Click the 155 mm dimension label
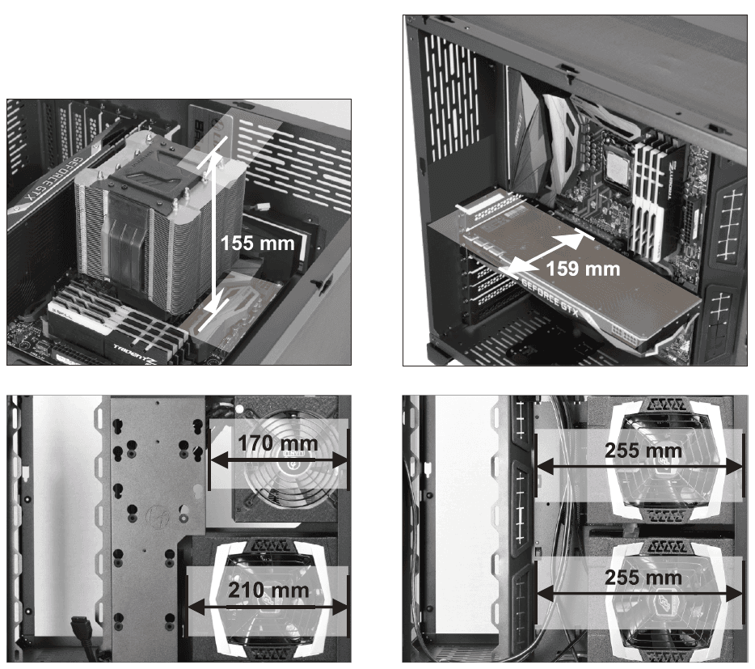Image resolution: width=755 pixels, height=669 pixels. point(258,243)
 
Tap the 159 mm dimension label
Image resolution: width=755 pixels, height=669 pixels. point(583,269)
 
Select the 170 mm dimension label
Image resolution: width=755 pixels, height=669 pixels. point(277,443)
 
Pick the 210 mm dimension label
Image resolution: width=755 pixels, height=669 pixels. point(268,590)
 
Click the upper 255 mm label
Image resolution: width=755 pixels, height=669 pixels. point(643,451)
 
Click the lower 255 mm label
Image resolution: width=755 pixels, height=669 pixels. point(643,578)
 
